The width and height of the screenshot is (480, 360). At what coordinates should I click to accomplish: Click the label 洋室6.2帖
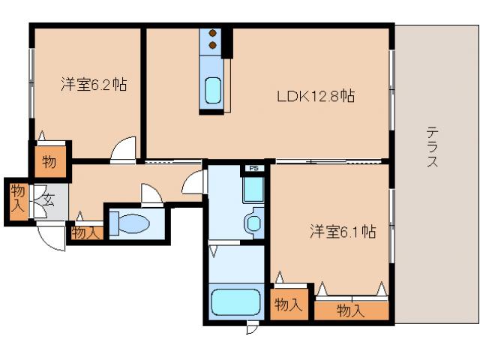93,85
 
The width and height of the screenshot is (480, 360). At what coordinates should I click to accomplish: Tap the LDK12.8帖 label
316,96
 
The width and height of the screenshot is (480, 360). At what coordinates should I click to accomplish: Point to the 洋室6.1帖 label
343,232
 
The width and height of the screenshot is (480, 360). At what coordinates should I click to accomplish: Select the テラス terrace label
433,145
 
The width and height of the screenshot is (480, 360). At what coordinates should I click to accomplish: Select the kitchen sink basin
212,90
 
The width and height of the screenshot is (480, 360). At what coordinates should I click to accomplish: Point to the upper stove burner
212,34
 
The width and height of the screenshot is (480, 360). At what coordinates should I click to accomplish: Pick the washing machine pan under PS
253,190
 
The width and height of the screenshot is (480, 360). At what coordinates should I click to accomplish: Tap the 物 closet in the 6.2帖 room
49,161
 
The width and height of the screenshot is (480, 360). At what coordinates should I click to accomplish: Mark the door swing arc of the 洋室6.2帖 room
124,149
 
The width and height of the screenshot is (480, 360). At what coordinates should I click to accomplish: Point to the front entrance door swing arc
52,236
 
